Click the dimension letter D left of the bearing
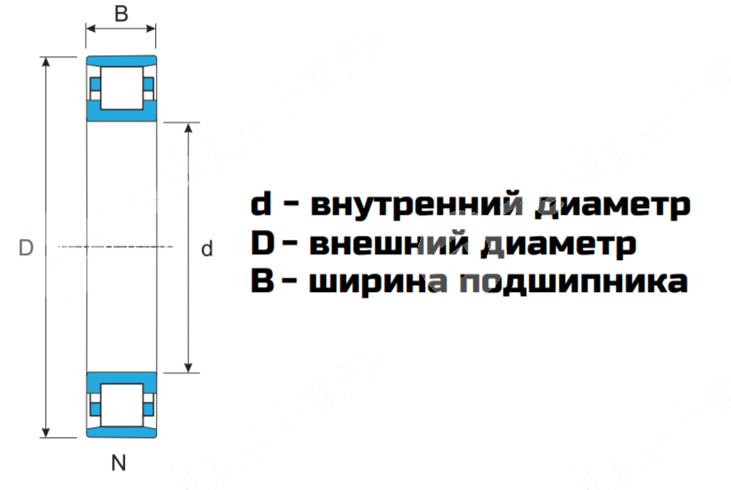tap(25, 248)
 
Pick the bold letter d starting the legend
tap(262, 204)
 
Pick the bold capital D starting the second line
tap(263, 243)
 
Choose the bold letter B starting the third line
tap(262, 282)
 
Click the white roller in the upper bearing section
tap(121, 86)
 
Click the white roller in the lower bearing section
tap(121, 406)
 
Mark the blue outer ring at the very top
tap(121, 60)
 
